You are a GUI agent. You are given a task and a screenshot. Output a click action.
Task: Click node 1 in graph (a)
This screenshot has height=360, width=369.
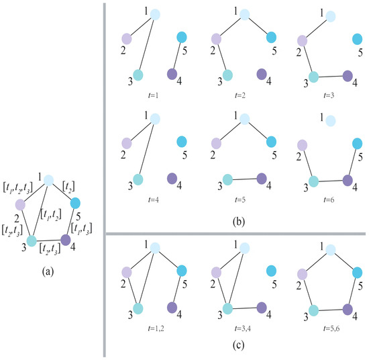pyautogui.click(x=48, y=179)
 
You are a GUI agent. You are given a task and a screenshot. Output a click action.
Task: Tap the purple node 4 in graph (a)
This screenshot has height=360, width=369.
pyautogui.click(x=66, y=240)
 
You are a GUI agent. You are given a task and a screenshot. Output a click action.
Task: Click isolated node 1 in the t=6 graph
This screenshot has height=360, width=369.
pyautogui.click(x=330, y=120)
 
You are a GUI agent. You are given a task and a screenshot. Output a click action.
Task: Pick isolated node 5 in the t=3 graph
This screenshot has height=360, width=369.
pyautogui.click(x=357, y=39)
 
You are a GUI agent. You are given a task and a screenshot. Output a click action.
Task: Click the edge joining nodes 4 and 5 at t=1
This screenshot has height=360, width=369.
pyautogui.click(x=176, y=55)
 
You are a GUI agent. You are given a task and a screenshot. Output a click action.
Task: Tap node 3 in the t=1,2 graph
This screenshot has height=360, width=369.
pyautogui.click(x=138, y=308)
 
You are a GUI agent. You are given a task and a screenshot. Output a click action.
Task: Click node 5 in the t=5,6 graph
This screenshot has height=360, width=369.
pyautogui.click(x=356, y=270)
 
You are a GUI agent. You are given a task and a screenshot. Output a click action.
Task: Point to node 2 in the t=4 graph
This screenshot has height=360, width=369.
pyautogui.click(x=125, y=143)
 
